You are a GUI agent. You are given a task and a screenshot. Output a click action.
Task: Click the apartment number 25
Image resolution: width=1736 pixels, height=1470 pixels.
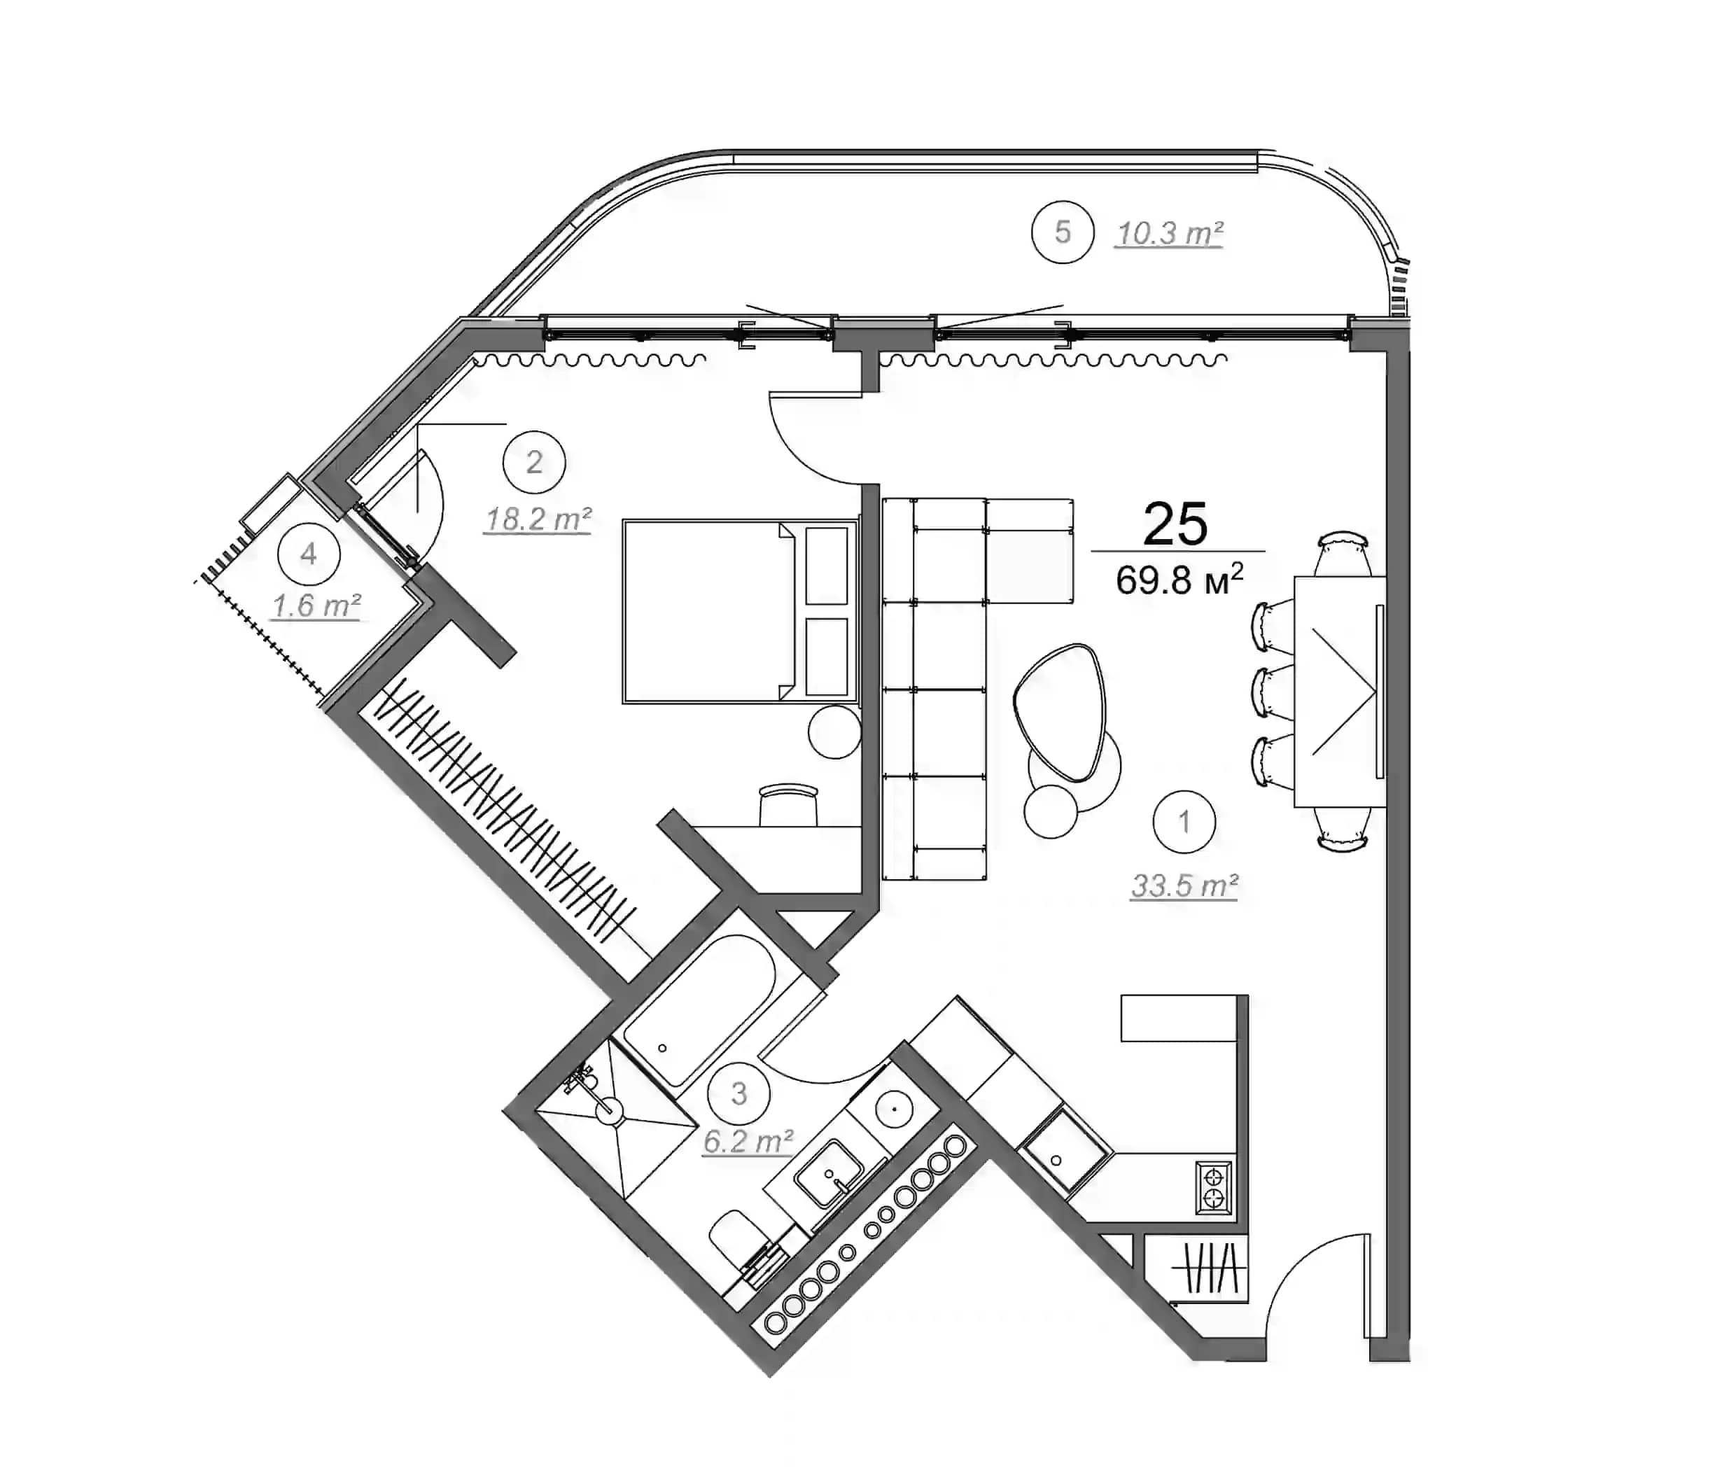1175,524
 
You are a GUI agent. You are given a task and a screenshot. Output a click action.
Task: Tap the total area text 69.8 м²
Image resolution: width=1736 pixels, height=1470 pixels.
1178,579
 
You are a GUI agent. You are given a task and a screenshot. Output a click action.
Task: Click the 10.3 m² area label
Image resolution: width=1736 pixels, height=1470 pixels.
1168,233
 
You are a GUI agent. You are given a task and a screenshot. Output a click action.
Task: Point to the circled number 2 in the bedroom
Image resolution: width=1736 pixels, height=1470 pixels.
534,462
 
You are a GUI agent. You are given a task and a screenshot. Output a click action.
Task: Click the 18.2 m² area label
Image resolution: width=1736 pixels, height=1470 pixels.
538,519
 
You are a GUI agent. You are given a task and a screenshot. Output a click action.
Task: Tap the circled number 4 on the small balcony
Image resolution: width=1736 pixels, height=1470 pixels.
309,554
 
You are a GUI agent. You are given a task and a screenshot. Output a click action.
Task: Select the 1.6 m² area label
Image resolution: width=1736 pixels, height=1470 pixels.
316,605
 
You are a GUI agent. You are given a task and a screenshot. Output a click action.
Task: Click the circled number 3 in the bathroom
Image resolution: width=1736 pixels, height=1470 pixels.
738,1093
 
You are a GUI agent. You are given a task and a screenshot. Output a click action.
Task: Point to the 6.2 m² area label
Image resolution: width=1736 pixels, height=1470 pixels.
748,1142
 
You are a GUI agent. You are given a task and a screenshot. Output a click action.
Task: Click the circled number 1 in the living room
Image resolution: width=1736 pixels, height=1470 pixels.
1184,822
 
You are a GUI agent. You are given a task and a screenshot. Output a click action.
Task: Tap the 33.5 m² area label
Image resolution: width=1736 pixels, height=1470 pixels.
1184,885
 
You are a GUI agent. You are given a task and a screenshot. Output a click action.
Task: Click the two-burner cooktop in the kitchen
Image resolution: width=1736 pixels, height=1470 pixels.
1213,1187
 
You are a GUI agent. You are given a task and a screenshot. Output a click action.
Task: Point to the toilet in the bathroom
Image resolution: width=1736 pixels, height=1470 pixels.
738,1242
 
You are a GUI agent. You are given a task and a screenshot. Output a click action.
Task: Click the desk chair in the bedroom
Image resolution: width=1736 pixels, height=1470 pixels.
788,804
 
